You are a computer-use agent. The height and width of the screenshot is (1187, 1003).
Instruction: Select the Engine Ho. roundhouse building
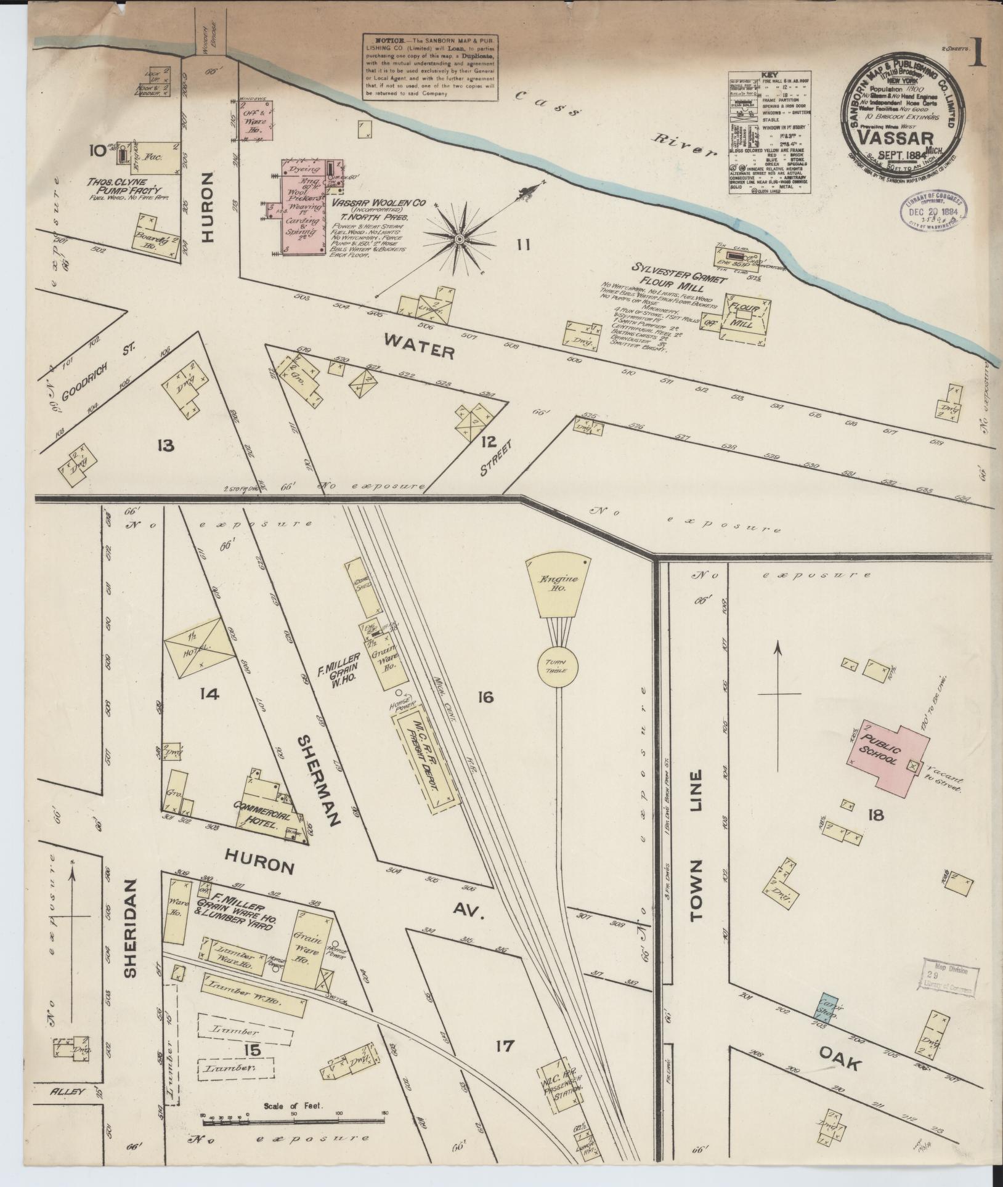(x=559, y=585)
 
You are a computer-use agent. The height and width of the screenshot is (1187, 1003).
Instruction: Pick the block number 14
(x=209, y=694)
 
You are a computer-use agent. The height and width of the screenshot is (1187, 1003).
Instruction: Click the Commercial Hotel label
(x=270, y=821)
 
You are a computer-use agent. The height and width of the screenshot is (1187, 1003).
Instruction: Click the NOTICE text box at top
(x=431, y=66)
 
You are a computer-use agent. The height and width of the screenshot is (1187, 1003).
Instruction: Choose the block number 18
(x=875, y=816)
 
